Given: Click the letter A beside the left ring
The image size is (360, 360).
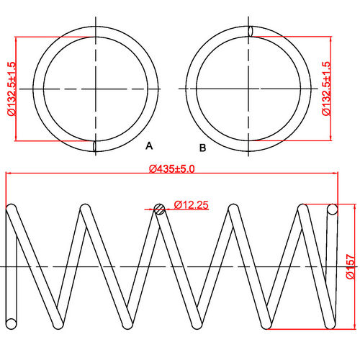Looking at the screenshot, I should click(149, 146).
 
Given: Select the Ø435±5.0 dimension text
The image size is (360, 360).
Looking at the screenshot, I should click(172, 168).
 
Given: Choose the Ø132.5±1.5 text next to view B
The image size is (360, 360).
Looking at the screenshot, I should click(326, 89).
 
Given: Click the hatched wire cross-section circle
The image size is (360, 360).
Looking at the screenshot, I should click(160, 210).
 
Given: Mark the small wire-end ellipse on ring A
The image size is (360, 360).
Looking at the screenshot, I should click(95, 146).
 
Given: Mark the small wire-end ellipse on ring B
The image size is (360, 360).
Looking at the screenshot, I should click(250, 31).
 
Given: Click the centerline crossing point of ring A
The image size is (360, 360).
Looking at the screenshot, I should click(95, 89).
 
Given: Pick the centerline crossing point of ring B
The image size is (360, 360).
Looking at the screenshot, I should click(250, 89).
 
